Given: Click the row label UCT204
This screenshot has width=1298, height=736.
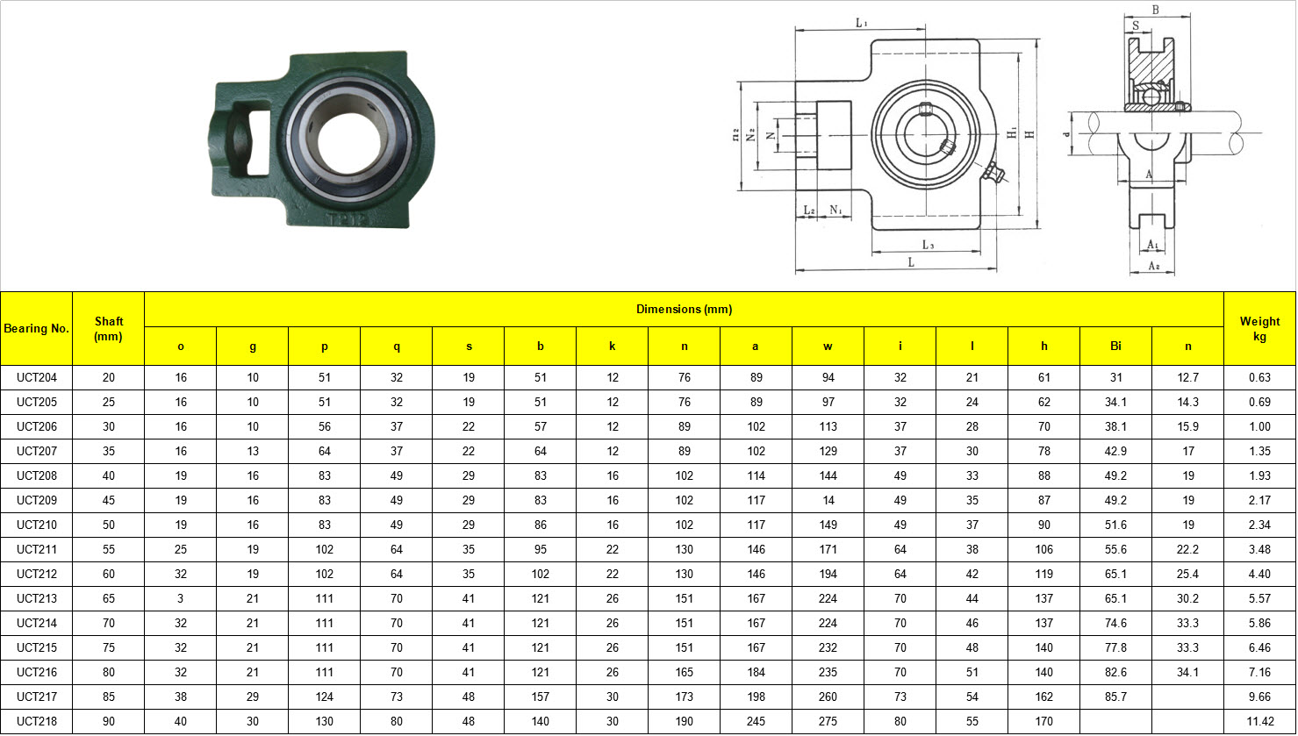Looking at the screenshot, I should tap(36, 378).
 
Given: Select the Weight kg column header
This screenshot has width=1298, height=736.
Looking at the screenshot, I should tap(1259, 329).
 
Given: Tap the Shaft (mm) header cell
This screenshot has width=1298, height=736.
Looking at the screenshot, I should tap(108, 329).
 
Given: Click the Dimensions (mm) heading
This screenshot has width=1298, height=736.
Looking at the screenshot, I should tap(684, 310).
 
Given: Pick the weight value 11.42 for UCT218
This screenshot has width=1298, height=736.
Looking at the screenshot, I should tap(1259, 722).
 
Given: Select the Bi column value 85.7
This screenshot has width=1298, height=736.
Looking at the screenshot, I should tap(1115, 697).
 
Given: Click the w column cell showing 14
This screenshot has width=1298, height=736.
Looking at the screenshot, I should tap(828, 501).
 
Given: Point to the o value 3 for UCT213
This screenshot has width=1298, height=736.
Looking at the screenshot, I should tap(180, 599).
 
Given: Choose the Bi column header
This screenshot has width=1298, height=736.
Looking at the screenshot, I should tap(1115, 347).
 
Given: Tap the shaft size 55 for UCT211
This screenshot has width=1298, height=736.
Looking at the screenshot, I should tap(108, 550).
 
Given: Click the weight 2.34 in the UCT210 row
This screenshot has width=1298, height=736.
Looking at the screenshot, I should tap(1259, 525).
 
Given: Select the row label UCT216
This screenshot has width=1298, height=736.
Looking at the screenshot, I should tap(36, 673).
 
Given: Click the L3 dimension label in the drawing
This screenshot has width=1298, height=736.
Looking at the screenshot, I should tap(927, 245).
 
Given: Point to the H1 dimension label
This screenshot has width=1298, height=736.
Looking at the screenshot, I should tap(1012, 132).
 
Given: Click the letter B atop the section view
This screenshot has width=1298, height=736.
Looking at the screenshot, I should tap(1155, 11).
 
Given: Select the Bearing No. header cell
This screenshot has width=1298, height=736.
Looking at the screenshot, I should tap(36, 329).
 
